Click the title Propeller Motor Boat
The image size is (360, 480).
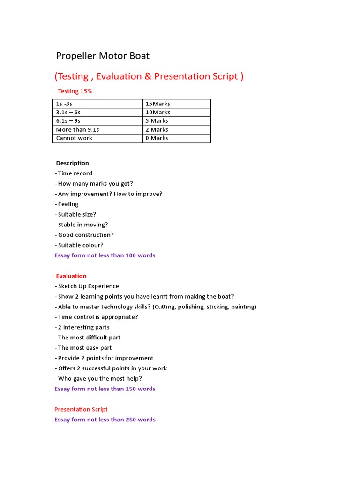pos(103,56)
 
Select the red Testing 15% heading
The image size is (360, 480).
pos(75,91)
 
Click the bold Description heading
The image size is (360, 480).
pos(72,163)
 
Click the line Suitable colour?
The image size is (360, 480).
pos(79,245)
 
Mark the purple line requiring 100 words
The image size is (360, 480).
pos(105,255)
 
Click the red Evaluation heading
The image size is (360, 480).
pos(71,276)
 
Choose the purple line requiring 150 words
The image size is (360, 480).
pos(105,389)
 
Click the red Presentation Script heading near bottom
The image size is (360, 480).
pos(81,409)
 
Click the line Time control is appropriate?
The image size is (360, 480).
pos(96,317)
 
